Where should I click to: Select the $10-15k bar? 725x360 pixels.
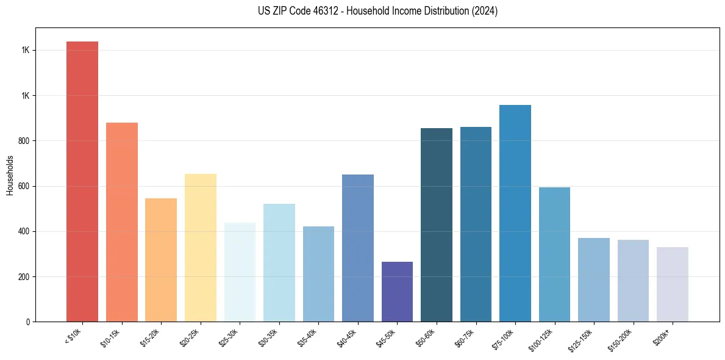pos(122,222)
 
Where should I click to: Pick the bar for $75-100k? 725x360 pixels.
pos(515,214)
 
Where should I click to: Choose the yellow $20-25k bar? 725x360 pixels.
pos(201,248)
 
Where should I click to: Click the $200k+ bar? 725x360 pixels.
pos(672,284)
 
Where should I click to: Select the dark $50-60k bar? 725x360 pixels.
pos(437,225)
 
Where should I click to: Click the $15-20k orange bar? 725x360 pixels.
pos(161,260)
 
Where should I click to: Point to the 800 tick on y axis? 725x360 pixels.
pos(24,141)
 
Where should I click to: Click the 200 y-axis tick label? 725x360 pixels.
pos(24,277)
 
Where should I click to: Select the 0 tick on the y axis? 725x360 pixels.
pos(28,322)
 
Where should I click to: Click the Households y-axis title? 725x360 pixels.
pos(10,175)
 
